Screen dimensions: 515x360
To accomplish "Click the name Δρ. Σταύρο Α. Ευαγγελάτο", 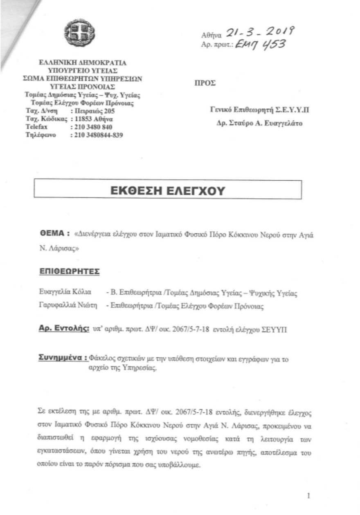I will coord(260,123).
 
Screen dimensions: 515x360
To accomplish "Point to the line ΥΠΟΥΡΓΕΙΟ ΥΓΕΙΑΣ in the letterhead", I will coord(82,71).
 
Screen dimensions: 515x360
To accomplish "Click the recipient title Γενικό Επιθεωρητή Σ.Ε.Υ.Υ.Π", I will coord(260,109).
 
